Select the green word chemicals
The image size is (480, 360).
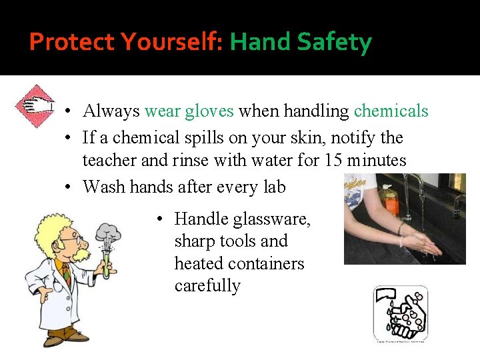(391, 111)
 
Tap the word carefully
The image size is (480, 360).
(207, 286)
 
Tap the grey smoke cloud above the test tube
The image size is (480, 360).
(108, 233)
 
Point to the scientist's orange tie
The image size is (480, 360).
(67, 274)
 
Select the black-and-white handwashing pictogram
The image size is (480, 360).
(400, 313)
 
